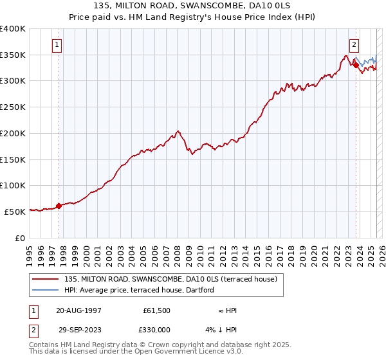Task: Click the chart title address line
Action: [x=192, y=6]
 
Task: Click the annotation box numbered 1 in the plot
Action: [x=58, y=45]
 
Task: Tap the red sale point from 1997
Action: [x=59, y=206]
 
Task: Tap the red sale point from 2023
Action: [x=356, y=65]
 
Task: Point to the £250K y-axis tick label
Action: [x=13, y=107]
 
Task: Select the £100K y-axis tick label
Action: [x=13, y=185]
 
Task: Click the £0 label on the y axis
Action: [x=19, y=237]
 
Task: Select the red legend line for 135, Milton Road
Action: [x=47, y=279]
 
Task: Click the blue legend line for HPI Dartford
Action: [x=47, y=290]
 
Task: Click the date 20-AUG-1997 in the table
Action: [x=78, y=310]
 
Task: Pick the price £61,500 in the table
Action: [x=156, y=310]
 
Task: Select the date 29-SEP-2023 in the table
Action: [x=78, y=329]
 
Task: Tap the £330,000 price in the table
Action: [x=156, y=329]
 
